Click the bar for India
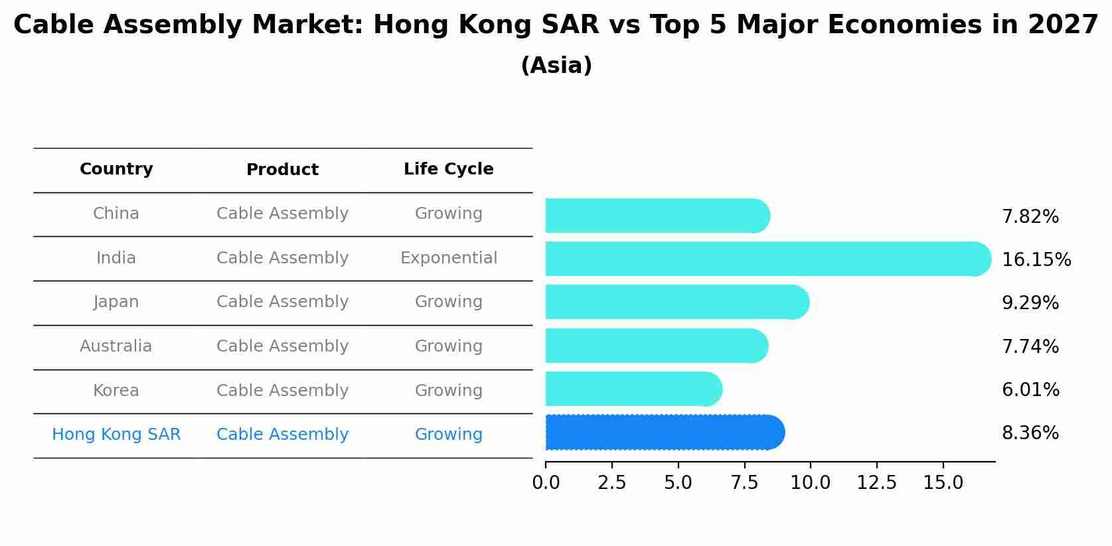click(767, 259)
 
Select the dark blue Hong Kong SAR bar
click(664, 433)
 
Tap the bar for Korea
click(633, 389)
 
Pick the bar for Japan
click(676, 302)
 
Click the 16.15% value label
click(1036, 260)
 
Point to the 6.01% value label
click(1030, 390)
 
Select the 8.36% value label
click(1030, 433)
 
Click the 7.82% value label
click(1030, 217)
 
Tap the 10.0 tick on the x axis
click(810, 483)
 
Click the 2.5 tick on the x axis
click(611, 483)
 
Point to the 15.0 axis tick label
click(943, 483)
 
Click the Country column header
click(116, 169)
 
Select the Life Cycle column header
click(448, 169)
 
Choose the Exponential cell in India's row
click(448, 258)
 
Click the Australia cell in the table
click(116, 346)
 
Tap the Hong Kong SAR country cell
click(116, 435)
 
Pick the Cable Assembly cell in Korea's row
click(282, 391)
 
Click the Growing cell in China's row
click(448, 214)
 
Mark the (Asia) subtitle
click(556, 66)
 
